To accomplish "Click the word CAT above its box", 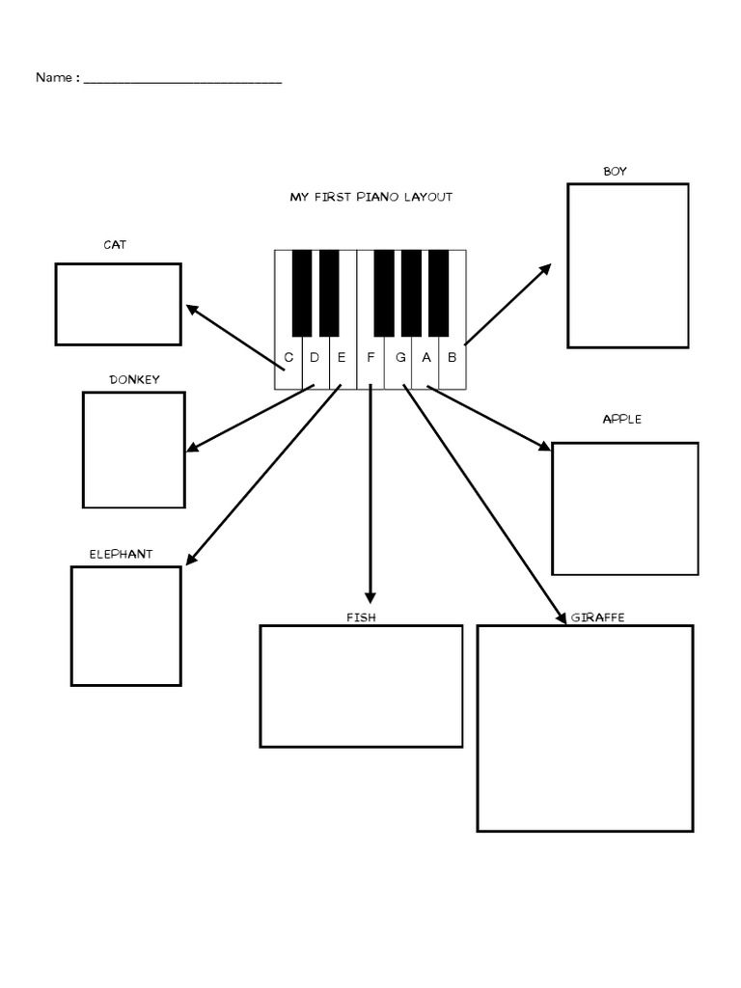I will [115, 245].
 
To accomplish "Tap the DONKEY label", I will [134, 379].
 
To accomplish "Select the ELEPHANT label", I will [121, 554].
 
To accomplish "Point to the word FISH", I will [361, 617].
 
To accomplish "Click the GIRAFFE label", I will [597, 617].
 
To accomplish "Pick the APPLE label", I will [621, 420].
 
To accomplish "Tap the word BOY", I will [615, 172].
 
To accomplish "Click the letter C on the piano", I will [288, 357].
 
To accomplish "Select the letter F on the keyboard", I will [370, 357].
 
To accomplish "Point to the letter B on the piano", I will [452, 357].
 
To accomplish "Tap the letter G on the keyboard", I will [399, 357].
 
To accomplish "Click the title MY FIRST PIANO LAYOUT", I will [370, 197].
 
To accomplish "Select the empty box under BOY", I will [627, 265].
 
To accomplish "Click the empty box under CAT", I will [118, 304].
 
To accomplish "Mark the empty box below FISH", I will [361, 686].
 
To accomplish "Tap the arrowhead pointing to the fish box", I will [370, 597].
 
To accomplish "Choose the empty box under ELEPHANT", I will [125, 626].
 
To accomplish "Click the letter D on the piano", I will [315, 357].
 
